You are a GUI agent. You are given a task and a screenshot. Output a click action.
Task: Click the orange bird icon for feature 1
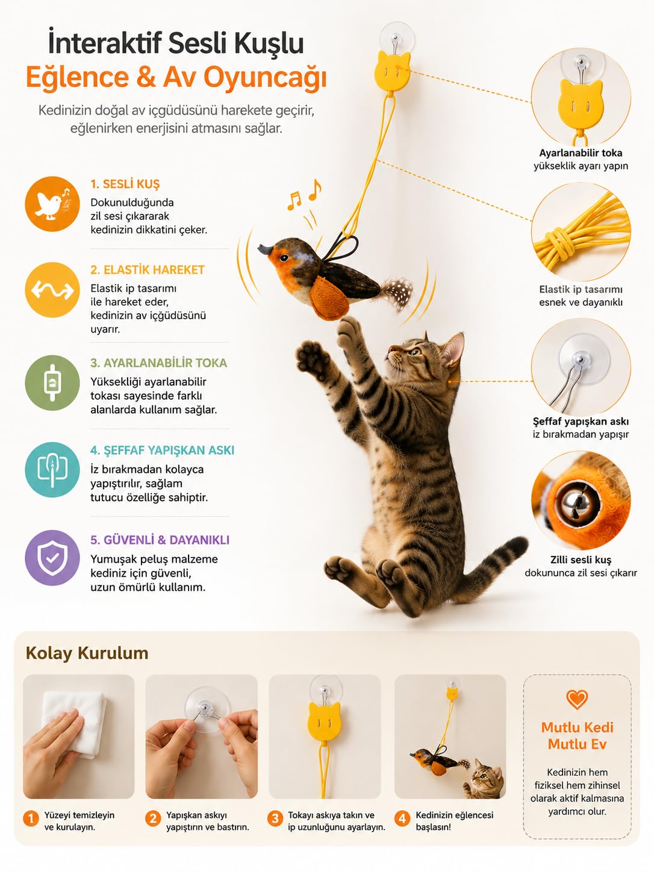click(x=52, y=204)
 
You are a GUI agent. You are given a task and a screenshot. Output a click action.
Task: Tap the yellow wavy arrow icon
click(x=52, y=290)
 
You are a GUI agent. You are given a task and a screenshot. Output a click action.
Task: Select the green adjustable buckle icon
click(x=52, y=382)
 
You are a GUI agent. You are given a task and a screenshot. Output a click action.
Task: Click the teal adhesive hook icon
click(x=52, y=470)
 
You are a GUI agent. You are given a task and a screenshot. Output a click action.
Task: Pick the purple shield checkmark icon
click(x=52, y=558)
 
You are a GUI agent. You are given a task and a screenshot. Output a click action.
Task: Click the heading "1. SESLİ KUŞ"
click(x=125, y=184)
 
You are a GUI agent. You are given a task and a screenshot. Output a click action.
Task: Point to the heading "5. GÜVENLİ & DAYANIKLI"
click(x=160, y=540)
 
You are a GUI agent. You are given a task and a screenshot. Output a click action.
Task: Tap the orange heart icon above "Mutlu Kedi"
click(x=577, y=699)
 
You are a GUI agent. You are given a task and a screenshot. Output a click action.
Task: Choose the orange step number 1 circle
click(x=31, y=819)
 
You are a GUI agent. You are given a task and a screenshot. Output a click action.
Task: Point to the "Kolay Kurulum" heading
click(x=87, y=653)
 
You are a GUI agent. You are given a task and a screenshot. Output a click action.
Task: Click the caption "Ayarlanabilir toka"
click(x=581, y=153)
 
